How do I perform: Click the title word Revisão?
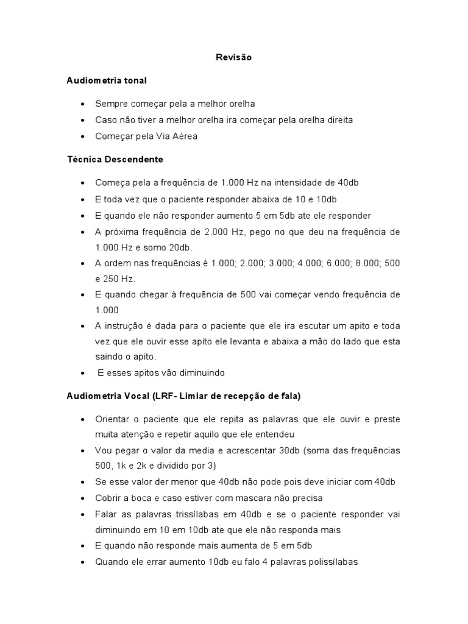coord(233,57)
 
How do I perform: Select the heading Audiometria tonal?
coord(107,80)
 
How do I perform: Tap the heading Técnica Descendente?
coord(115,160)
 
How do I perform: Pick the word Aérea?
coord(185,136)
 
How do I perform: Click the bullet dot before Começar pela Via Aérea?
coord(82,137)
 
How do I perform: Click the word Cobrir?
coord(108,498)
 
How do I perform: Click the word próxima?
coord(121,232)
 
